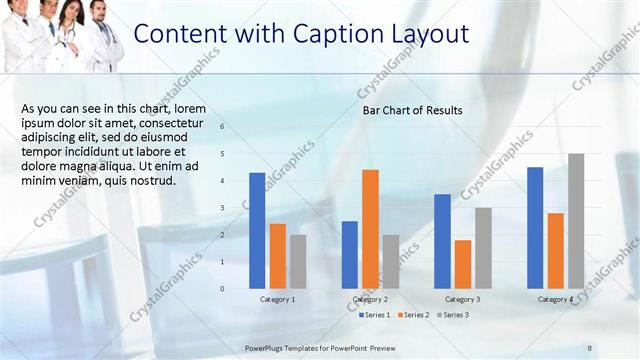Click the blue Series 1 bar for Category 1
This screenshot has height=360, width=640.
tap(257, 230)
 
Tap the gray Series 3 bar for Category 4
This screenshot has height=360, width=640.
tap(576, 220)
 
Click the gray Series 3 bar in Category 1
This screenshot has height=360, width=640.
tap(298, 261)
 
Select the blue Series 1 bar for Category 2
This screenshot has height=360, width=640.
tap(350, 254)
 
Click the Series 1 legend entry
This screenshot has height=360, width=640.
tap(375, 315)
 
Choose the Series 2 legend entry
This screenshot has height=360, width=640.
tap(412, 315)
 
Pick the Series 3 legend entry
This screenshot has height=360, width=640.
tap(451, 315)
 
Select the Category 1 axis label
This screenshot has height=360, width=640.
tap(277, 300)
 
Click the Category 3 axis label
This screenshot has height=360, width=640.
tap(463, 300)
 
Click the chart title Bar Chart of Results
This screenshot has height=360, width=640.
tap(412, 110)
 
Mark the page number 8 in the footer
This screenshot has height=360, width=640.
tap(590, 346)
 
